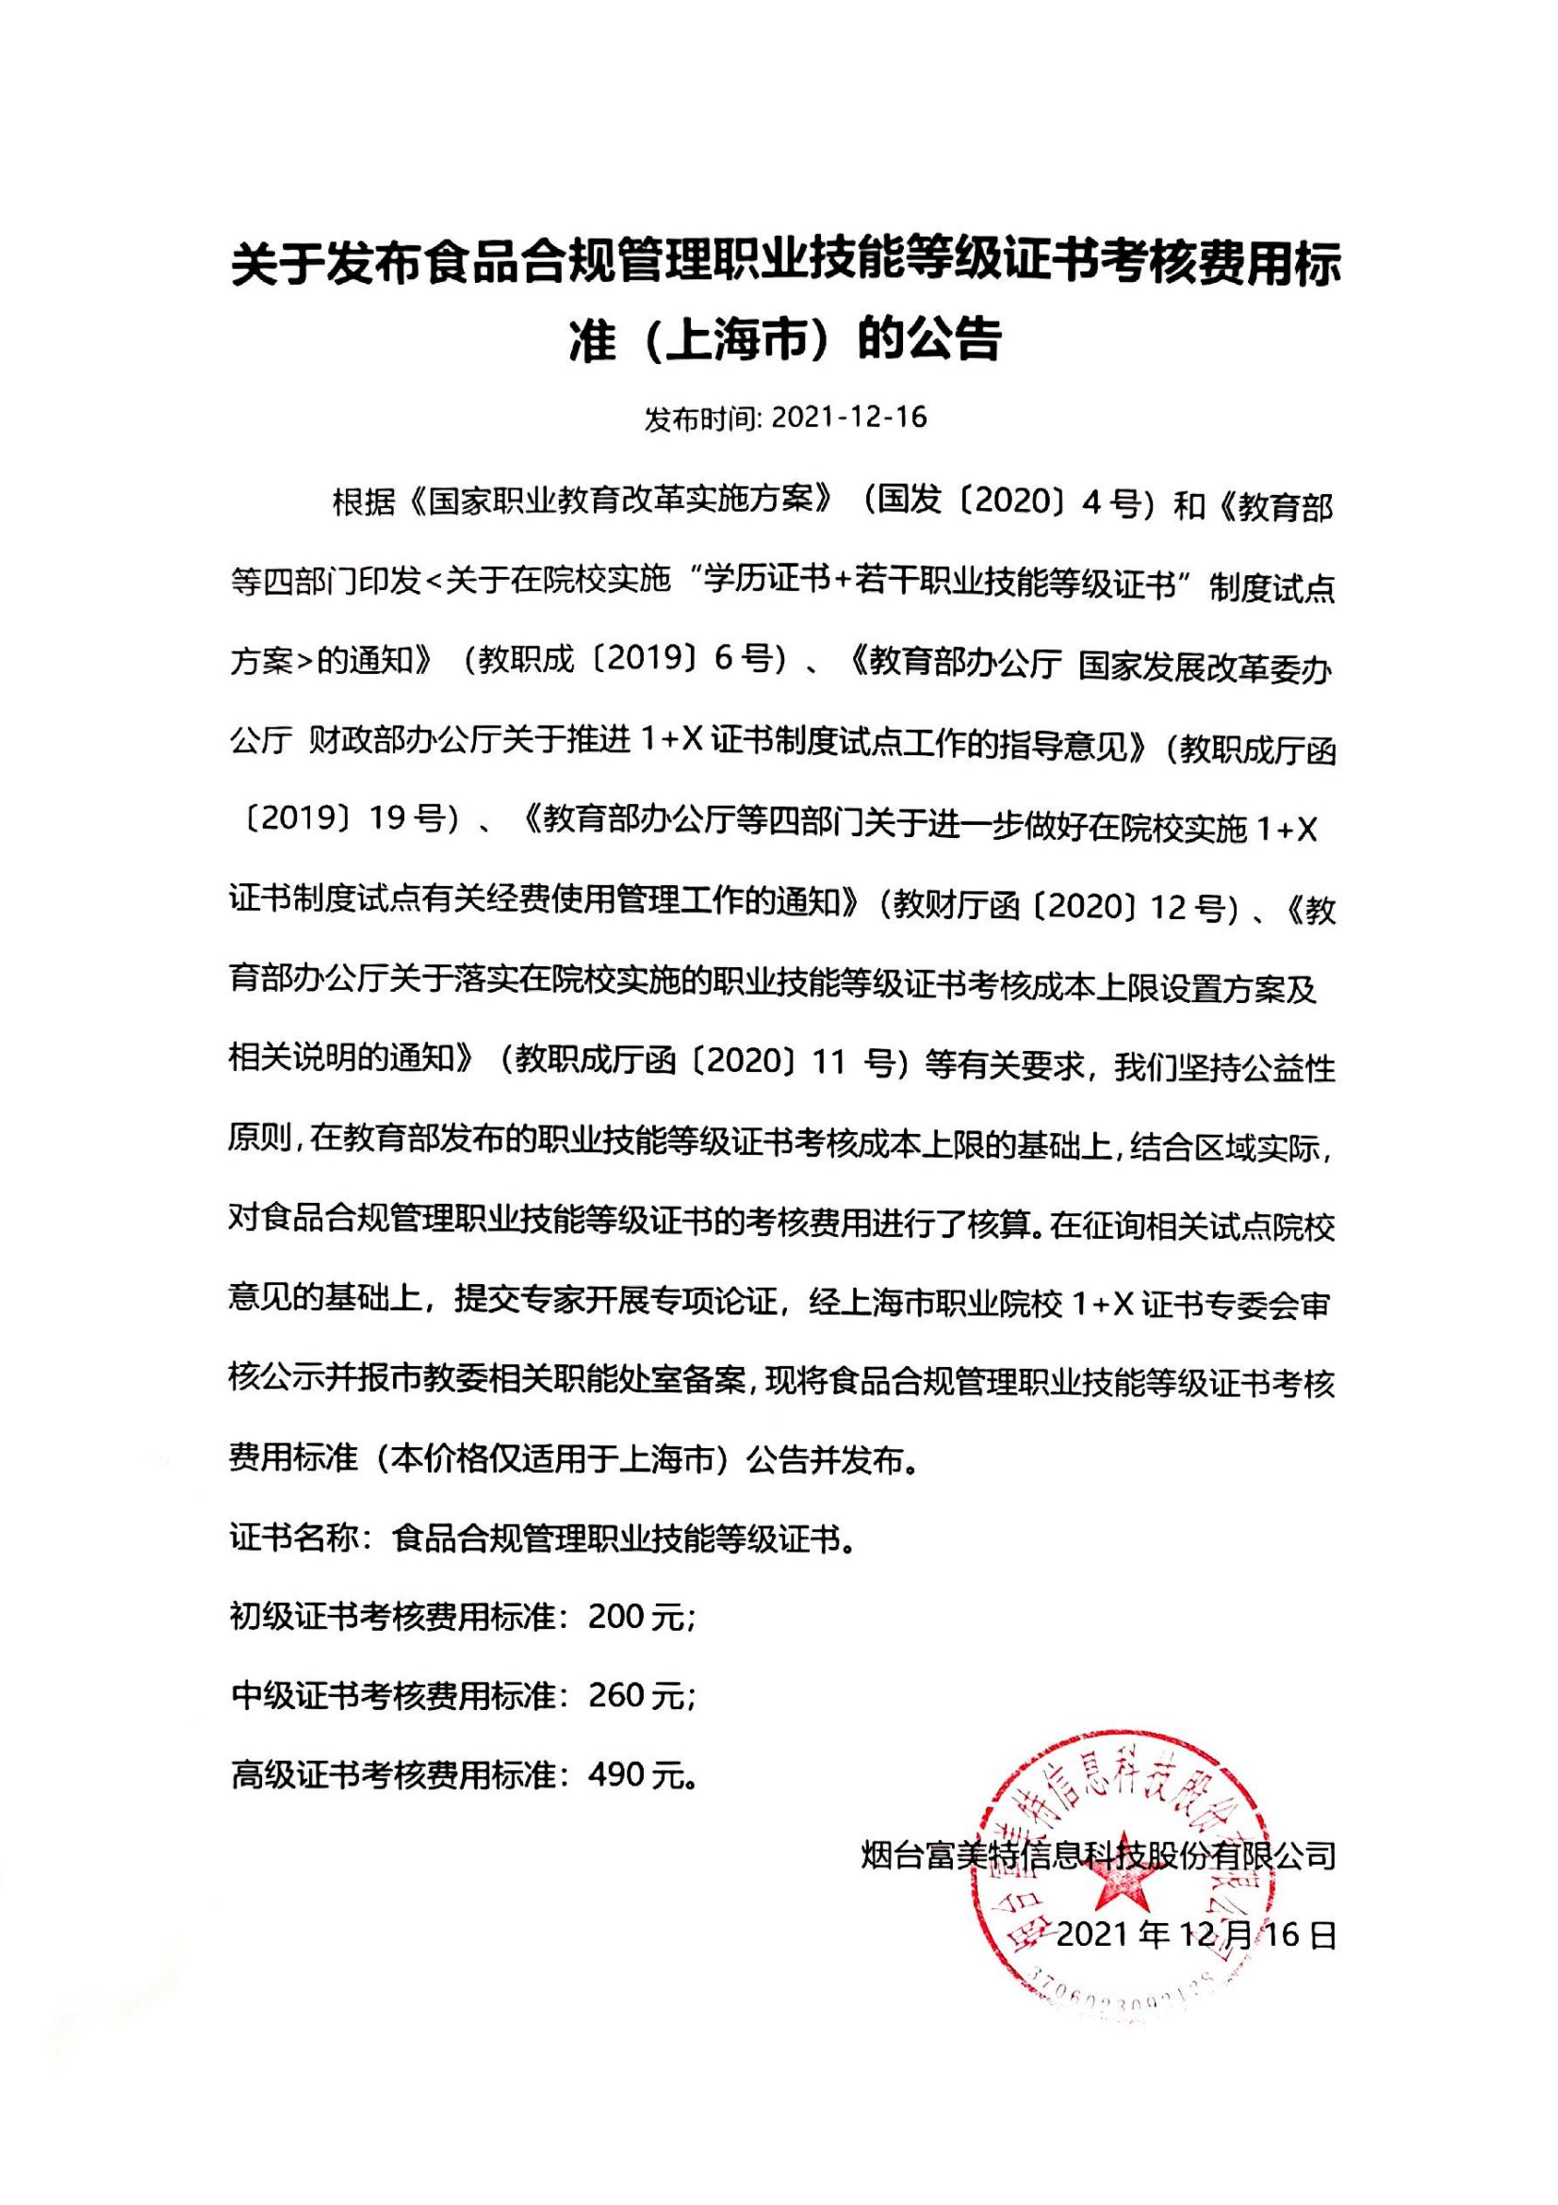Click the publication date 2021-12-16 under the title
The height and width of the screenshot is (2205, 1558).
pos(848,417)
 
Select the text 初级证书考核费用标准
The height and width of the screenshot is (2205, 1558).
pos(394,1618)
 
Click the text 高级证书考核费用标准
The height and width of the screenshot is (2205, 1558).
pos(394,1775)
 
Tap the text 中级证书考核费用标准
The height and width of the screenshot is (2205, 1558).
pos(394,1696)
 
